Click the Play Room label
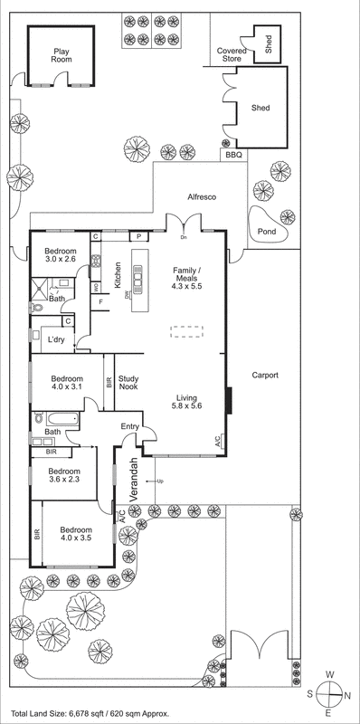pos(62,58)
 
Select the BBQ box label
pos(234,156)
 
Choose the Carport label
pos(265,375)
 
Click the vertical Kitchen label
pos(118,275)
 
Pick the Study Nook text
pos(128,384)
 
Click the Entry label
pos(130,427)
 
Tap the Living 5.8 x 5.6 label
pos(186,402)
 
